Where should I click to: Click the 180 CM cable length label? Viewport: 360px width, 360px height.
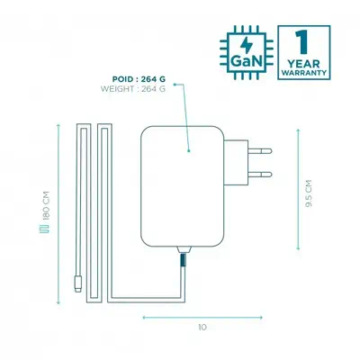pyautogui.click(x=42, y=213)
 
